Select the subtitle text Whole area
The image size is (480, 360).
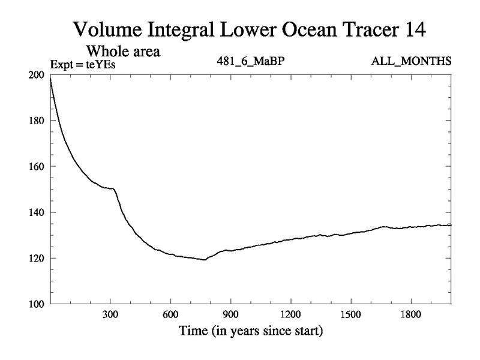point(125,51)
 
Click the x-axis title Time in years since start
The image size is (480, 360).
point(250,331)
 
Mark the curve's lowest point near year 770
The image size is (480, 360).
point(205,260)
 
